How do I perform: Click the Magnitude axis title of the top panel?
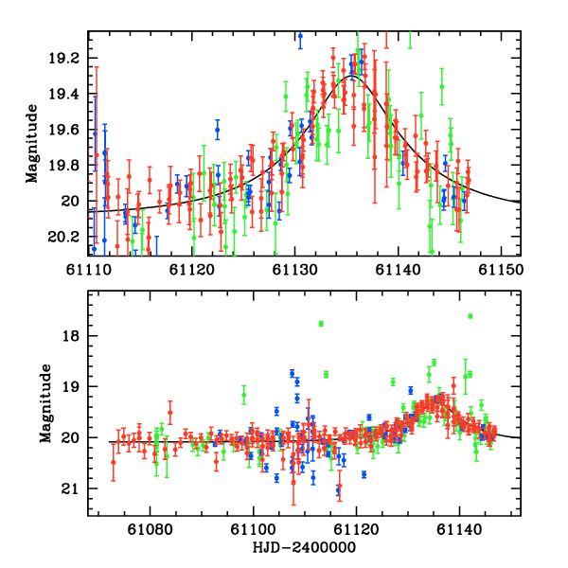click(x=32, y=143)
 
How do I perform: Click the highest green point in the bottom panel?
click(x=470, y=316)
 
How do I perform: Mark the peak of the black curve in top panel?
click(x=351, y=76)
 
